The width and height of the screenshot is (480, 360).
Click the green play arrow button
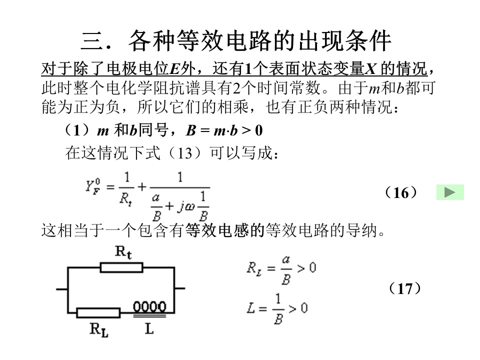450,192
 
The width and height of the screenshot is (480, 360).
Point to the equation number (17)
404,288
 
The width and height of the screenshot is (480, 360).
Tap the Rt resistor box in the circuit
121,267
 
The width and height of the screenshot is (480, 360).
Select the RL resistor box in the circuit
98,313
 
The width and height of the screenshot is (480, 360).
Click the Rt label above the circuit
123,252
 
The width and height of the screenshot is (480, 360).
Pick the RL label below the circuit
99,330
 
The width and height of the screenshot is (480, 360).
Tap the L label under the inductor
149,329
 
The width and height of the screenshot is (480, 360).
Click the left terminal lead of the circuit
62,288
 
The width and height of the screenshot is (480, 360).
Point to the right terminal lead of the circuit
179,288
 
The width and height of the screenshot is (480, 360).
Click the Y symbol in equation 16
89,186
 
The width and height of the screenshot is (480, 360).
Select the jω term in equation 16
186,206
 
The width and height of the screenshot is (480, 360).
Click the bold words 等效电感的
224,230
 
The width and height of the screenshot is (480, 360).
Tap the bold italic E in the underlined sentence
174,68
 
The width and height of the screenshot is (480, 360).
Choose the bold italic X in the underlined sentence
370,68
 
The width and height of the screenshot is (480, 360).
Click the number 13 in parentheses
185,153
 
